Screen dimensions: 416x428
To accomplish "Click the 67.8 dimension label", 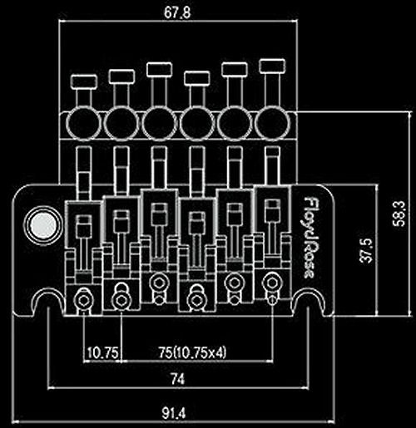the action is [177, 12].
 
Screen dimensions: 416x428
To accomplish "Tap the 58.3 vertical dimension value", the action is [399, 214].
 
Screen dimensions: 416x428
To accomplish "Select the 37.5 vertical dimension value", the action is [367, 250].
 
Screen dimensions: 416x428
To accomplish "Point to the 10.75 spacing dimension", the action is [102, 353].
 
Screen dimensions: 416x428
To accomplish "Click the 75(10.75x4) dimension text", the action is [192, 352].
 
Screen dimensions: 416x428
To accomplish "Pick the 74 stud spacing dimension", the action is [177, 379].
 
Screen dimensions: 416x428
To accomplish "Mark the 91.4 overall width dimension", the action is [174, 414].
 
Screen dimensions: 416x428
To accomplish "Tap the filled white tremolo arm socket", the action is [42, 225].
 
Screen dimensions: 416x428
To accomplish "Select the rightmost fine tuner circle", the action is [272, 123].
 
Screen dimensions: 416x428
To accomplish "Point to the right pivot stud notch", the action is [309, 300].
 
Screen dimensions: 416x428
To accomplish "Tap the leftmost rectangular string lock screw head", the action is [84, 81].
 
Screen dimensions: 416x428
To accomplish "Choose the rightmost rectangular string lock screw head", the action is [272, 66].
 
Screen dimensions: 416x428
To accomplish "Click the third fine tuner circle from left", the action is [159, 123].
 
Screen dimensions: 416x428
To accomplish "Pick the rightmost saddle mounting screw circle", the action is [272, 283].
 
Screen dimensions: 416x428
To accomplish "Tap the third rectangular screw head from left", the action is [159, 69].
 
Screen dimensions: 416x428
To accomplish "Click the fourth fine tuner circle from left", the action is [197, 123].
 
